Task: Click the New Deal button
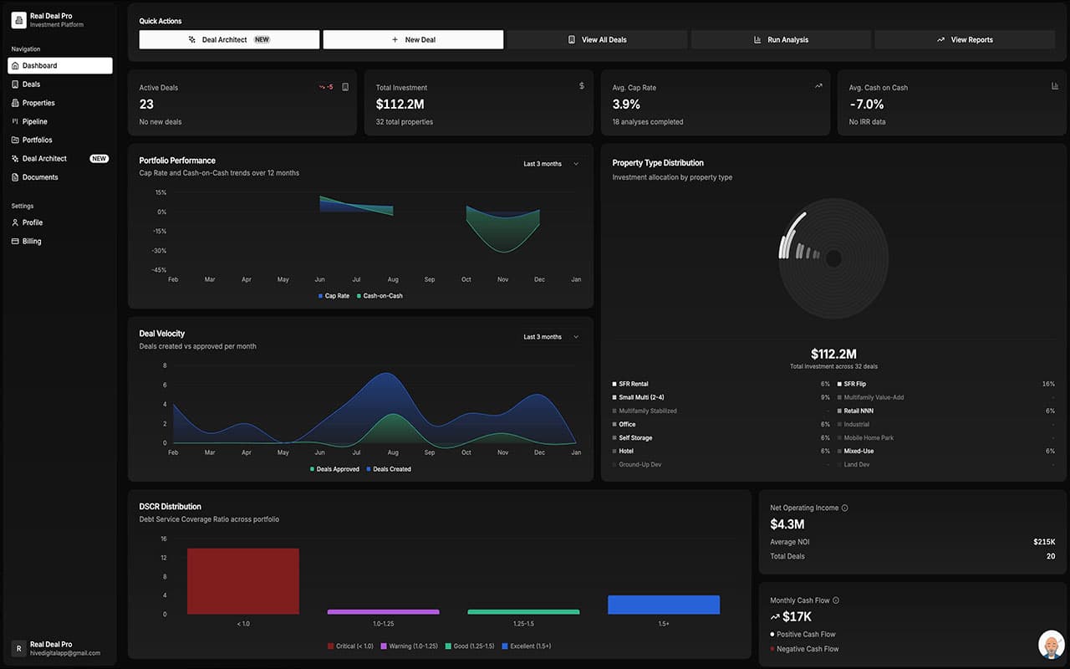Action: point(413,39)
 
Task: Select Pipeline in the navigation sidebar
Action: point(34,121)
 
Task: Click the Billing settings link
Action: point(31,241)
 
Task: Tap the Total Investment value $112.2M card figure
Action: point(400,105)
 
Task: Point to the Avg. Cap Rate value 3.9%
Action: point(626,105)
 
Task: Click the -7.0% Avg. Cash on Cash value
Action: point(866,105)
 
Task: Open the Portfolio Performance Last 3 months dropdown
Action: point(550,164)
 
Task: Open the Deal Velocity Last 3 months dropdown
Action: point(550,337)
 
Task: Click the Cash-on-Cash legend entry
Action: point(382,296)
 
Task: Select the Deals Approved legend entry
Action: point(337,469)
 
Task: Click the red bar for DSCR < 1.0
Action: point(242,581)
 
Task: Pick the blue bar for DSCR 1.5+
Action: point(664,605)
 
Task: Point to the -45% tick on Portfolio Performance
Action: point(158,270)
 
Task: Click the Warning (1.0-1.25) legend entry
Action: point(409,646)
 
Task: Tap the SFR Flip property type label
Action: point(854,384)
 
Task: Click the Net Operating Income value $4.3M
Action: point(787,524)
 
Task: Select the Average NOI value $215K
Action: point(1044,542)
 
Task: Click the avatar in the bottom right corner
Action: point(1051,645)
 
